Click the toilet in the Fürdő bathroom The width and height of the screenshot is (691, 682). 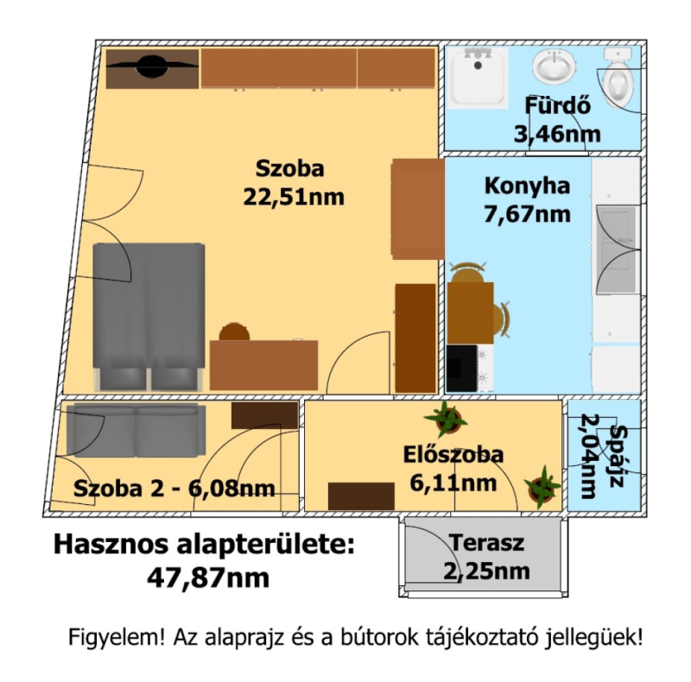(618, 77)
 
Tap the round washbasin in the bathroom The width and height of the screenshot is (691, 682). (554, 66)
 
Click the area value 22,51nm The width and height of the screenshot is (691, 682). (294, 197)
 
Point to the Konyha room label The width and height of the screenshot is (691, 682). (527, 186)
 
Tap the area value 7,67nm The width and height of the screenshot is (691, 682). (527, 214)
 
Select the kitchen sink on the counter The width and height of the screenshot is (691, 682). (618, 249)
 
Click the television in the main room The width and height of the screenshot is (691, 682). (152, 66)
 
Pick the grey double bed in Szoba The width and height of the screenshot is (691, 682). (149, 316)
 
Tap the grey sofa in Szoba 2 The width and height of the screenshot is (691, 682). (136, 431)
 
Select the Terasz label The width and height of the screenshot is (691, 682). (487, 543)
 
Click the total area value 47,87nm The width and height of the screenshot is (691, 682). (208, 578)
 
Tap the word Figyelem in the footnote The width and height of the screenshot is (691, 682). (117, 637)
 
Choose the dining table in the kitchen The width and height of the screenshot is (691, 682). (470, 313)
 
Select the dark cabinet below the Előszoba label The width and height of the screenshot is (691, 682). (361, 496)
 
